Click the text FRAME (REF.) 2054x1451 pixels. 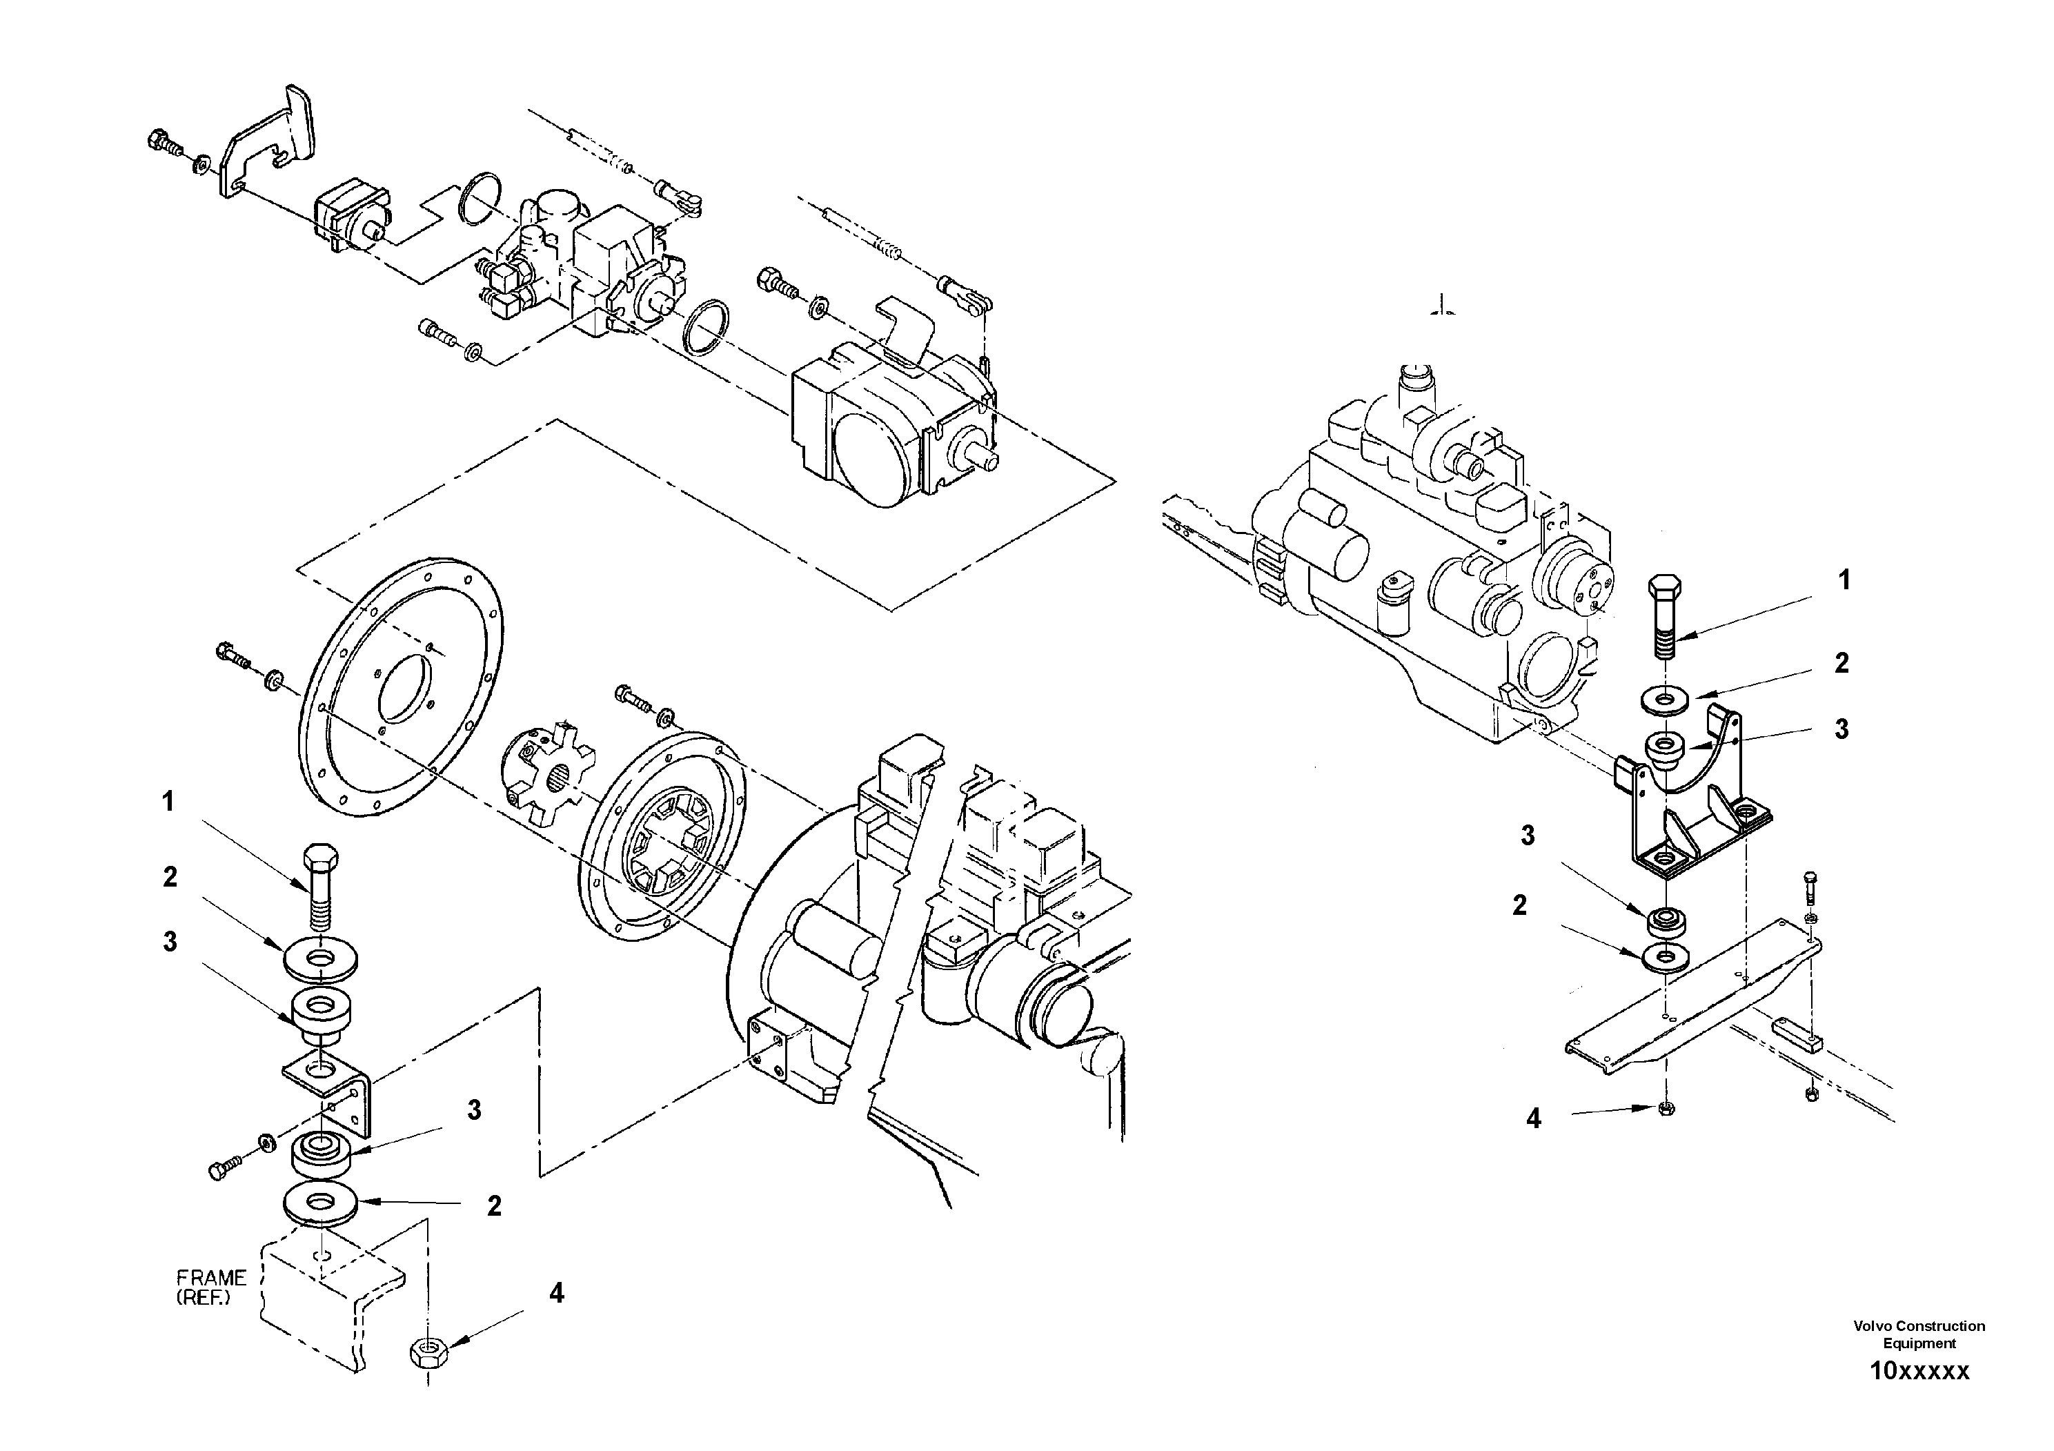tap(210, 1287)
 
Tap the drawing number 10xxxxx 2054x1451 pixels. tap(1919, 1396)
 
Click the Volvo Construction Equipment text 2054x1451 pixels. tap(1919, 1334)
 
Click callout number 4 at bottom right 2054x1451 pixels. tap(1533, 1118)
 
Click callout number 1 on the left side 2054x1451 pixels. tap(167, 802)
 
